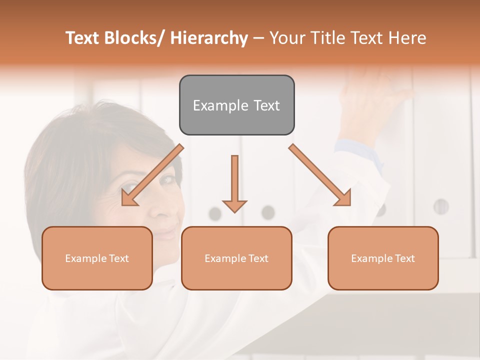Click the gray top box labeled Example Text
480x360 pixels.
point(236,105)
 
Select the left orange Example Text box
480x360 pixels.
point(97,258)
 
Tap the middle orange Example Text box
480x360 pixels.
point(236,258)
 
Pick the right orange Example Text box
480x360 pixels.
point(383,258)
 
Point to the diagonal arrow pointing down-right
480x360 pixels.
point(320,175)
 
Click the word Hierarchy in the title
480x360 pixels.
point(209,38)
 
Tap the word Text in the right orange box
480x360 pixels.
point(404,258)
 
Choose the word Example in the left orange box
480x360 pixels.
point(86,258)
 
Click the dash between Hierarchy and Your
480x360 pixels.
point(259,38)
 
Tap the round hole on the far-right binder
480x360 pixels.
point(440,206)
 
